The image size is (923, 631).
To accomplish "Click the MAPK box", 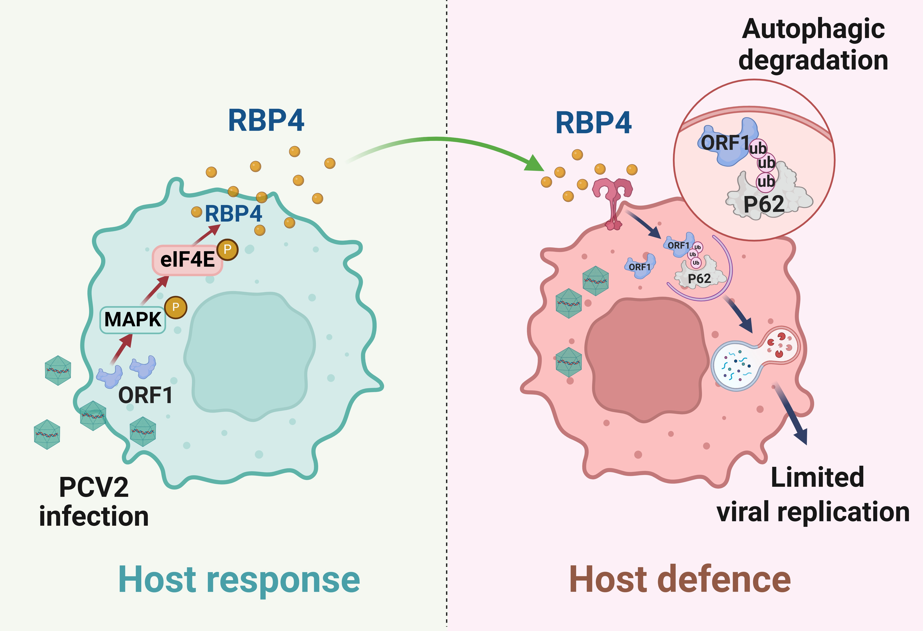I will [x=132, y=320].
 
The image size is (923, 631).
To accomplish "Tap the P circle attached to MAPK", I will [x=176, y=307].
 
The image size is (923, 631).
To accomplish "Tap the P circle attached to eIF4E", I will [x=228, y=249].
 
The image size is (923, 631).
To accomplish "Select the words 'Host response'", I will [x=239, y=580].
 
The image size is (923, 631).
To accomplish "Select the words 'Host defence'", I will [x=680, y=580].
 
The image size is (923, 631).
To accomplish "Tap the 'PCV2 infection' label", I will [x=94, y=501].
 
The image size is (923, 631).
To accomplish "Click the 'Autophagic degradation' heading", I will [x=813, y=45].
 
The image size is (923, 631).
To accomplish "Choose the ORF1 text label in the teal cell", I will [x=145, y=395].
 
